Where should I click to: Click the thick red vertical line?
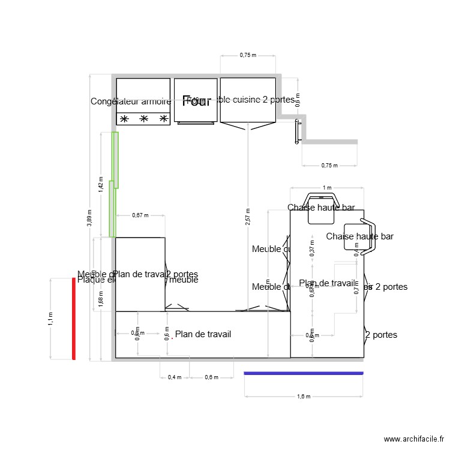[74, 319]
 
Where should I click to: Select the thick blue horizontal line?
[304, 373]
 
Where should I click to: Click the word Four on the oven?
[196, 101]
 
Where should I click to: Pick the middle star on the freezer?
[144, 119]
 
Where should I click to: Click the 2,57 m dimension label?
[247, 215]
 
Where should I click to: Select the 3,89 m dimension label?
[89, 219]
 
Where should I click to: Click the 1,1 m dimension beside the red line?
[50, 319]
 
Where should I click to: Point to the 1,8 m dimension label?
[304, 396]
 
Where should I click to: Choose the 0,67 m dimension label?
[140, 215]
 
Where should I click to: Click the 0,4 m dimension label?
[175, 377]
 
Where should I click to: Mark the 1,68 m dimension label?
[101, 297]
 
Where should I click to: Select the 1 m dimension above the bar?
[326, 188]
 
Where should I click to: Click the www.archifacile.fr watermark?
[413, 439]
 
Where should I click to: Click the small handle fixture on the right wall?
[298, 131]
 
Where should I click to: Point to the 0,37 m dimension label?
[311, 247]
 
